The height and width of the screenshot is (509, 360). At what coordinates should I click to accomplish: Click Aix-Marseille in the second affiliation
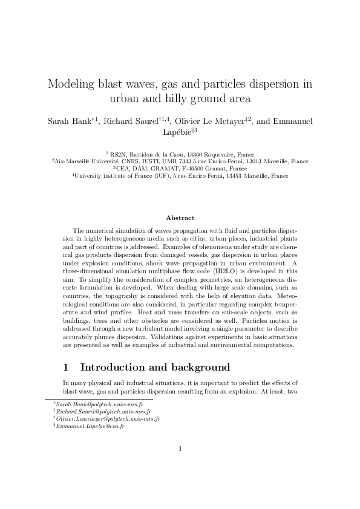[72, 162]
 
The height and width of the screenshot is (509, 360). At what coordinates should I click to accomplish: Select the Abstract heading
[180, 218]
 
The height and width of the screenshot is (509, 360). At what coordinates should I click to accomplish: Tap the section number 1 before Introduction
[67, 368]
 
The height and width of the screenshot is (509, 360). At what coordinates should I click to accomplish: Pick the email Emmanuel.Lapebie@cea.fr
[90, 426]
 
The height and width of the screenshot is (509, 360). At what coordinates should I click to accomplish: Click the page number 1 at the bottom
[180, 465]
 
